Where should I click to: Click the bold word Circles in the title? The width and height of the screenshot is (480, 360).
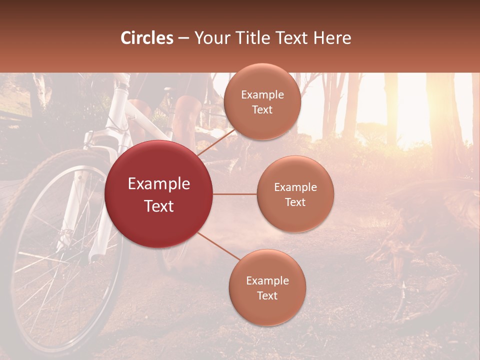(x=147, y=38)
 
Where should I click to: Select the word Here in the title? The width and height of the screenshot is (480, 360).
(x=333, y=38)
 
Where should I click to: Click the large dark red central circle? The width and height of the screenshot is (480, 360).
(x=159, y=194)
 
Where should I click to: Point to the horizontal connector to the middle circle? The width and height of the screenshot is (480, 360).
(x=235, y=194)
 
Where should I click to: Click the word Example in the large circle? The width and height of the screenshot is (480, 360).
(x=159, y=184)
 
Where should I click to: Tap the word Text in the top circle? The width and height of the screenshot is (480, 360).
(x=262, y=109)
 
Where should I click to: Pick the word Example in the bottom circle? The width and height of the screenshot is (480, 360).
(x=267, y=281)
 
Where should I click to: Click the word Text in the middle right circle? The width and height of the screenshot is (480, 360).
(x=295, y=202)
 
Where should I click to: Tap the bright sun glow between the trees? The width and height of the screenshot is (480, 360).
(x=415, y=120)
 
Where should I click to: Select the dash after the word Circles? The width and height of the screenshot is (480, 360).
(x=183, y=38)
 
